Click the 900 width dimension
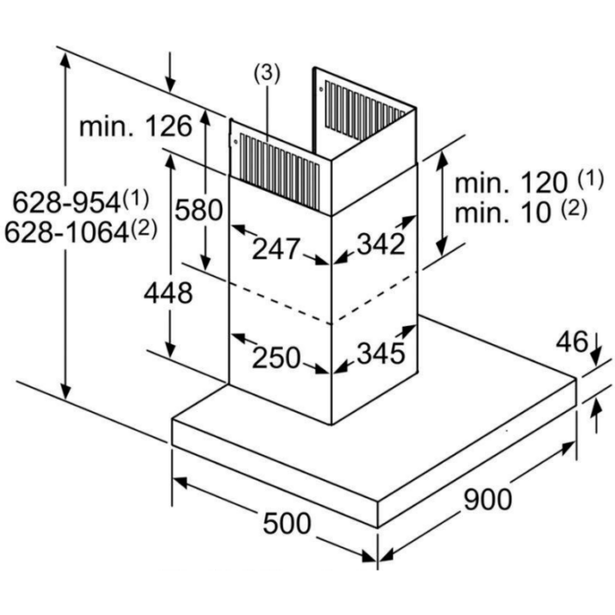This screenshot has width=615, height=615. click(488, 500)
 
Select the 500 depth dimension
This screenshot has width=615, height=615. click(286, 524)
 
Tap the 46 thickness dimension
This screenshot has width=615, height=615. click(572, 342)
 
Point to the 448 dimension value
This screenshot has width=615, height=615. click(168, 293)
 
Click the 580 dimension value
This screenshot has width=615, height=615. click(199, 210)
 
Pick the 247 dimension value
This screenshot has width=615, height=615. click(276, 249)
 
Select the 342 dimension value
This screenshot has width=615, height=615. click(380, 244)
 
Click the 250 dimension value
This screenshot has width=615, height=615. click(276, 358)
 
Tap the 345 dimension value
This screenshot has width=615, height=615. click(380, 353)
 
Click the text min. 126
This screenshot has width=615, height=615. click(135, 127)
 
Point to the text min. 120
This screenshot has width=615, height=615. click(511, 183)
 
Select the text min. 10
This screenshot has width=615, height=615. click(503, 213)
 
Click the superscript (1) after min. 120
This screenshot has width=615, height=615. click(590, 179)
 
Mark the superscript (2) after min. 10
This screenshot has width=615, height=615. click(574, 209)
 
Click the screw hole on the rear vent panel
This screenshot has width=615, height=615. click(322, 90)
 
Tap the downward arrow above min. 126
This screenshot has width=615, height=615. click(170, 72)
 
